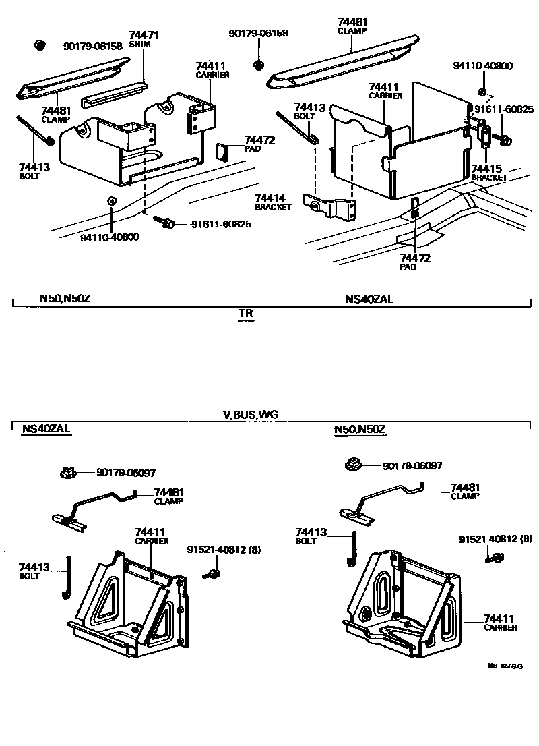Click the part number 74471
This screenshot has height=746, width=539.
pyautogui.click(x=144, y=34)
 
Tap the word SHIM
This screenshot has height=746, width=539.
pyautogui.click(x=140, y=44)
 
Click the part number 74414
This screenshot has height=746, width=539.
pyautogui.click(x=270, y=198)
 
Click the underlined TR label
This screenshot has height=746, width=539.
pyautogui.click(x=246, y=314)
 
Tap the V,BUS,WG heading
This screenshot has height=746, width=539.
pyautogui.click(x=249, y=414)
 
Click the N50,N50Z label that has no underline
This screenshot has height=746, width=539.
pyautogui.click(x=63, y=299)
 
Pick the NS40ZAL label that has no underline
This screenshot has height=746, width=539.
pyautogui.click(x=369, y=299)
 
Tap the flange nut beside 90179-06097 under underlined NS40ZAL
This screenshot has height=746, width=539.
pyautogui.click(x=67, y=472)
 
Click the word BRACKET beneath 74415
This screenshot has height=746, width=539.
pyautogui.click(x=489, y=177)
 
